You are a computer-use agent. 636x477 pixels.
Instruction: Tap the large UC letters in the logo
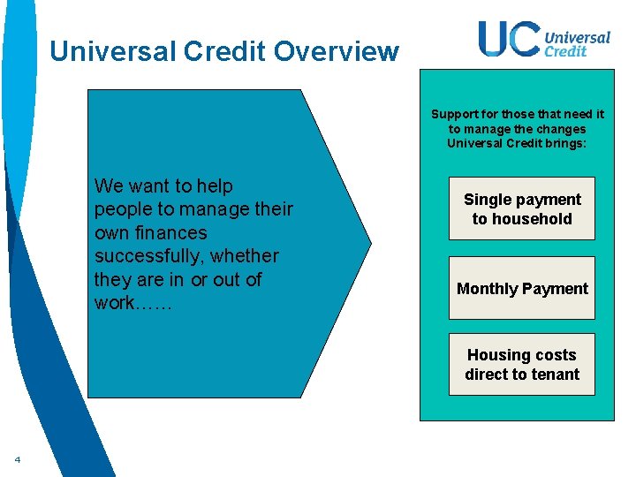[510, 39]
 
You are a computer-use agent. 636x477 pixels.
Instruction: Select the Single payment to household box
[522, 208]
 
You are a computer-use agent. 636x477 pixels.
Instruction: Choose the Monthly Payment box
[522, 288]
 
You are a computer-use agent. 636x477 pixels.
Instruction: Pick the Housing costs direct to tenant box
[522, 364]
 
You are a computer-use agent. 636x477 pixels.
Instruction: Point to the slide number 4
[17, 458]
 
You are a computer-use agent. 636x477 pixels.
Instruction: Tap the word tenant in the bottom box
[556, 375]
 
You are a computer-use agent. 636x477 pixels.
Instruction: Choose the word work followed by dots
[134, 303]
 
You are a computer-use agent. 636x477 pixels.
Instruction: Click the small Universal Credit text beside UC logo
[577, 44]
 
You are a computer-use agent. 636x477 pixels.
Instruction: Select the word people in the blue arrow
[120, 209]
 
